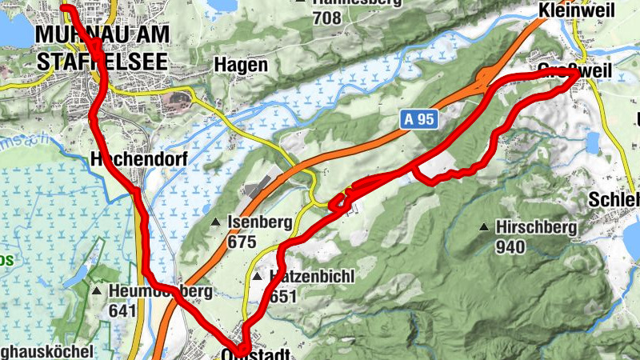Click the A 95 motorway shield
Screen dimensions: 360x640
[418, 119]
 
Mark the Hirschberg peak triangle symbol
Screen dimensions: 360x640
[484, 228]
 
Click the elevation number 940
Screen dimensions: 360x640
[510, 246]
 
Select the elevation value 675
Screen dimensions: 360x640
[241, 242]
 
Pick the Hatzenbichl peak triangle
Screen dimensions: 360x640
[257, 277]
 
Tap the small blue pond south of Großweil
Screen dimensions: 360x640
[592, 142]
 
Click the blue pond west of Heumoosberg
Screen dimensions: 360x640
[78, 277]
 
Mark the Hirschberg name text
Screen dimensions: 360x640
[536, 228]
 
